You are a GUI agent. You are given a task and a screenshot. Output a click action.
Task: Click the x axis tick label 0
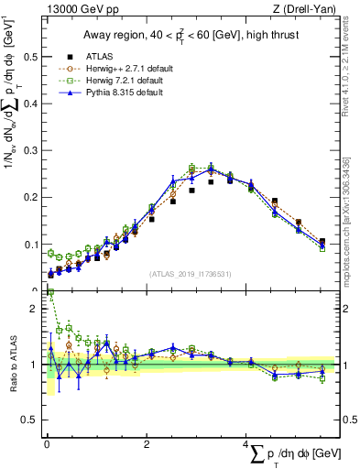[47, 443]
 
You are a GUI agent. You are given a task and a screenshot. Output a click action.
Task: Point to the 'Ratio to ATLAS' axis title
[11, 365]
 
